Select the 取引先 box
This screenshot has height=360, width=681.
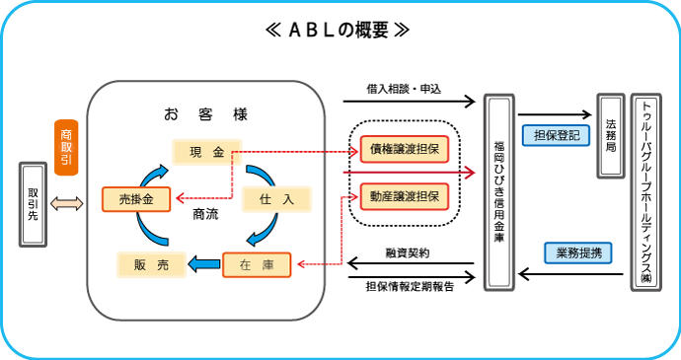click(33, 203)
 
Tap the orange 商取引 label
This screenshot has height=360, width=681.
click(66, 146)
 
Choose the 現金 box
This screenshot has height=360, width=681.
click(206, 151)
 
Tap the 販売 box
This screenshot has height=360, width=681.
click(151, 263)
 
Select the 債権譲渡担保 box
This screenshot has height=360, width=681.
click(405, 150)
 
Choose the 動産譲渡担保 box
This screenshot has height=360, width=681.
click(405, 195)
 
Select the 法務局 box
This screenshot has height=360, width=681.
click(609, 136)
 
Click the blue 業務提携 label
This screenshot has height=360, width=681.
click(577, 252)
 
